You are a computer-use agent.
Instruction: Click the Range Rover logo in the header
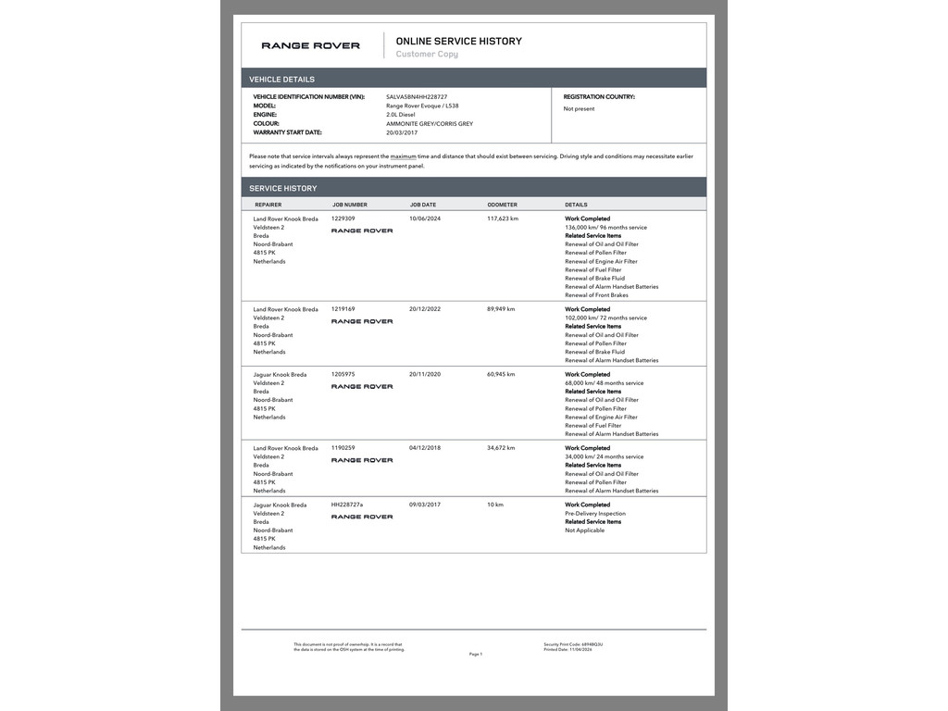click(x=310, y=45)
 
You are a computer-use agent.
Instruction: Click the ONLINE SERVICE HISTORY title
click(x=458, y=41)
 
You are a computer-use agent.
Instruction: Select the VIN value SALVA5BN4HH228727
click(x=417, y=96)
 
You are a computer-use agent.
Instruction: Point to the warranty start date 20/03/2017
click(x=403, y=132)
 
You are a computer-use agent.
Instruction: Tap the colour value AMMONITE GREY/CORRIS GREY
click(x=430, y=123)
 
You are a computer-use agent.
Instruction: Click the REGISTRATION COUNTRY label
click(x=599, y=96)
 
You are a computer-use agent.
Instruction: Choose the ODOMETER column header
click(x=502, y=205)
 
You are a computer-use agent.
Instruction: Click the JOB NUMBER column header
click(x=349, y=205)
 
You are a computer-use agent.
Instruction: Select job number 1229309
click(x=343, y=218)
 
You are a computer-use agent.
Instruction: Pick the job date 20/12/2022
click(x=425, y=309)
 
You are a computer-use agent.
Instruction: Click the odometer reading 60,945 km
click(x=501, y=374)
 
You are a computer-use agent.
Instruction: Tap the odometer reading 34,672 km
click(x=501, y=448)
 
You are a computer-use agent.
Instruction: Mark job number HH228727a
click(x=347, y=505)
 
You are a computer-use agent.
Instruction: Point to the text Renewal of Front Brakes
click(x=596, y=295)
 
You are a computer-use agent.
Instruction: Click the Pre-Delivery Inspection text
click(x=595, y=514)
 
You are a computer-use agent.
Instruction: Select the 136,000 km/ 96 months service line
click(x=605, y=227)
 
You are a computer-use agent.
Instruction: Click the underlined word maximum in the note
click(x=403, y=156)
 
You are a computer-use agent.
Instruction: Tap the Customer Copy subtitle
click(x=427, y=55)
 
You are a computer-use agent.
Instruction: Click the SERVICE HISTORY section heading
click(x=282, y=188)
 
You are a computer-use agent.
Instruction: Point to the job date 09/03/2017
click(x=425, y=505)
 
